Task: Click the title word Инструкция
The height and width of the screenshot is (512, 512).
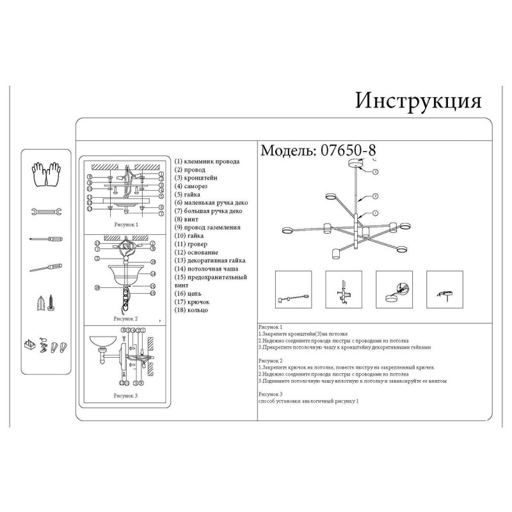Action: [418, 100]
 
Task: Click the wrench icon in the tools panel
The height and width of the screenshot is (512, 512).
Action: [45, 211]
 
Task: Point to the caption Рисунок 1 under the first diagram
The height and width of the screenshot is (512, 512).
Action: [125, 226]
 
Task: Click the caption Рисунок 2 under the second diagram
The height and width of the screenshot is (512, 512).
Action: [125, 318]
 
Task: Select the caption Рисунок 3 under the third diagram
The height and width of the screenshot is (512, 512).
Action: [125, 396]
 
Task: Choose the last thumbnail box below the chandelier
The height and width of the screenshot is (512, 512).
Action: [444, 290]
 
